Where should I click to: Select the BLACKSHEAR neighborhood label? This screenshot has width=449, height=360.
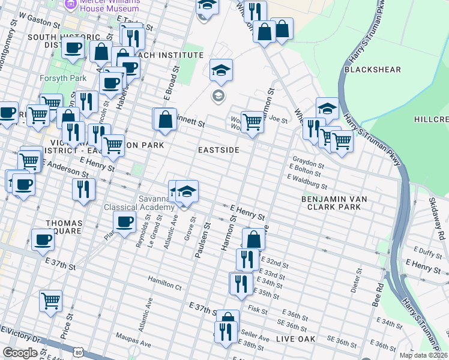tap(372, 70)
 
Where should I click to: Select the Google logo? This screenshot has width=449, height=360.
tap(20, 353)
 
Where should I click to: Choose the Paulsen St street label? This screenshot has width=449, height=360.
tap(203, 241)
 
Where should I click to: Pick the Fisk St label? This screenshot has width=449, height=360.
tap(257, 310)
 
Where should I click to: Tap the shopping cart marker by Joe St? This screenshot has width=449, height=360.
tap(253, 122)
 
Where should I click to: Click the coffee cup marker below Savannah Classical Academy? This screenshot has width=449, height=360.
tap(125, 222)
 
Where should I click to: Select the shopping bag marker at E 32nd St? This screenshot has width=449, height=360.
tap(254, 239)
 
